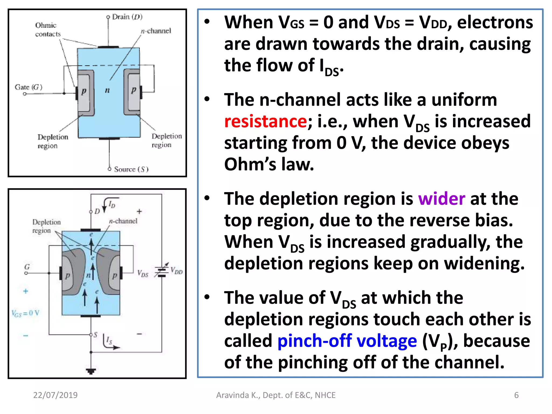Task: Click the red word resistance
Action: (265, 121)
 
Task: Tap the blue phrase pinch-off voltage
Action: (347, 341)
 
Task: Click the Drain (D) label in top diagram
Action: (127, 17)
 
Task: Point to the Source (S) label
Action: (131, 169)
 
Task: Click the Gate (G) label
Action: (29, 87)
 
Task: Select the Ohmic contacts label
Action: (47, 30)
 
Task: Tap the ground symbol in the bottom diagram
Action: (91, 371)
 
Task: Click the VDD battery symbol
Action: (161, 271)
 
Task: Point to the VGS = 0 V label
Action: (25, 313)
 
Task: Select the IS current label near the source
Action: (109, 340)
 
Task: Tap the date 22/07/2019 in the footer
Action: (55, 395)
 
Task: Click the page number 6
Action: (516, 395)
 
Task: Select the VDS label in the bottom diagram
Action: (143, 273)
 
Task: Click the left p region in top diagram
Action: (84, 92)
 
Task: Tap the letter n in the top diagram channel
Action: (107, 90)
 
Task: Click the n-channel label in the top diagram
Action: (156, 31)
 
